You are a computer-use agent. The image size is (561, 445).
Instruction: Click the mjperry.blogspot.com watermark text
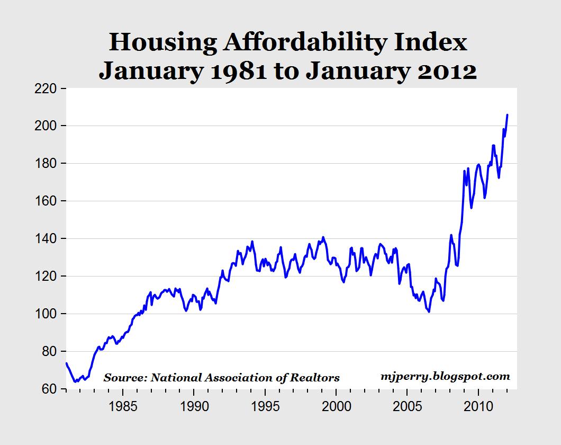[x=445, y=377]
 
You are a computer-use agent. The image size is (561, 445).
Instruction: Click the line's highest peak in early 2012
[x=507, y=114]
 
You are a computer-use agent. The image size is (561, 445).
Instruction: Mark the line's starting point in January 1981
[x=66, y=363]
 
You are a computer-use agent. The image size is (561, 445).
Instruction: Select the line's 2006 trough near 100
[x=429, y=311]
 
